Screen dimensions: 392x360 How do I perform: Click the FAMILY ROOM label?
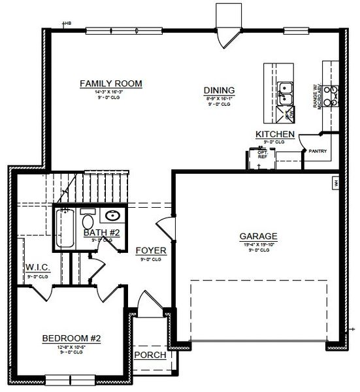point(111,84)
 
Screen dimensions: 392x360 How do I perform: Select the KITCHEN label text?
point(274,135)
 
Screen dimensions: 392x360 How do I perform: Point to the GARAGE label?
point(258,236)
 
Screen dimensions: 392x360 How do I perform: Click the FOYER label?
point(151,251)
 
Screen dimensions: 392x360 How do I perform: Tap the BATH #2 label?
point(101,233)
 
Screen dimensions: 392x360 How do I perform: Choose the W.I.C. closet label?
point(38,268)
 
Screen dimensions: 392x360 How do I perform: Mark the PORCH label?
point(150,355)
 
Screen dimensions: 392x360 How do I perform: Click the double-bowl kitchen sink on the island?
point(285,93)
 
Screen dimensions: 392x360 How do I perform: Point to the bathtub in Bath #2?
point(65,229)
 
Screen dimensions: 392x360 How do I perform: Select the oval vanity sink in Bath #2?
point(112,216)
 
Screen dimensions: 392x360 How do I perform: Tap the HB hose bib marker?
point(66,24)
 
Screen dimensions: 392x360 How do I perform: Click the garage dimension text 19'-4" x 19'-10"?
point(258,245)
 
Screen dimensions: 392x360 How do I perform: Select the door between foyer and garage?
point(166,229)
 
